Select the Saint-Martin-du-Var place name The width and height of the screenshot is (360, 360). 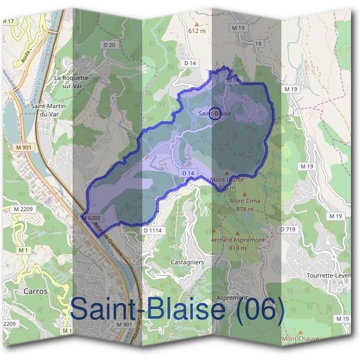(49, 109)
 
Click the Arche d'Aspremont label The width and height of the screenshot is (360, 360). (238, 239)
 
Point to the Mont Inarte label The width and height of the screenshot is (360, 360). (227, 179)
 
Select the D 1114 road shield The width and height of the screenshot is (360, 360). (154, 230)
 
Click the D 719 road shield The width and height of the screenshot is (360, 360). (288, 230)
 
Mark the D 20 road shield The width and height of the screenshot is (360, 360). (109, 44)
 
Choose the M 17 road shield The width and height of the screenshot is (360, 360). (8, 21)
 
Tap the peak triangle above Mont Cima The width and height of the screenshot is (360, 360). (245, 193)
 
